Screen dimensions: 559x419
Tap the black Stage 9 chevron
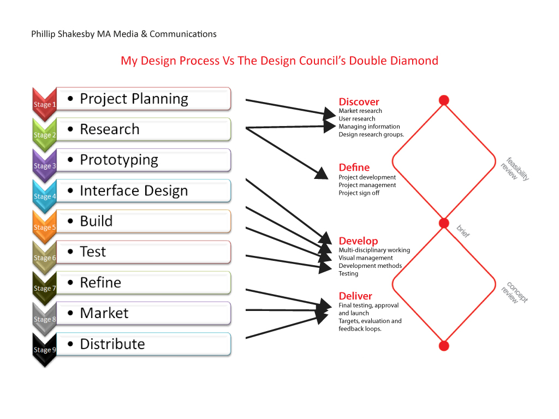[45, 350]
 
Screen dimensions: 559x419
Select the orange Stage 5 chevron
[45, 227]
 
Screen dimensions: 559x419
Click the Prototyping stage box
[144, 160]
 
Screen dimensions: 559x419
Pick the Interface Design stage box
[144, 190]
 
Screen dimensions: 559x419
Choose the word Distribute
[112, 344]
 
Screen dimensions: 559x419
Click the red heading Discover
[359, 102]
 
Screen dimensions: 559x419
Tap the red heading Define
[354, 167]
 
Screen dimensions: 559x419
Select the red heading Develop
[358, 241]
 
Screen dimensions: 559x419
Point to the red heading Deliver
[355, 296]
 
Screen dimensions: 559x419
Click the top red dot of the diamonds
[444, 100]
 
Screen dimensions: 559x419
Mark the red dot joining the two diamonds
[444, 223]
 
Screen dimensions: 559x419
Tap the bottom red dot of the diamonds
[444, 345]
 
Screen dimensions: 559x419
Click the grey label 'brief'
[463, 231]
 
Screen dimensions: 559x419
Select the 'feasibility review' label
[515, 169]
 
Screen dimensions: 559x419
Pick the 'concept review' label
[514, 293]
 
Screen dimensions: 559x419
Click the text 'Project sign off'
[359, 193]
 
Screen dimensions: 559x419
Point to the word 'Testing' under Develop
[348, 274]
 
